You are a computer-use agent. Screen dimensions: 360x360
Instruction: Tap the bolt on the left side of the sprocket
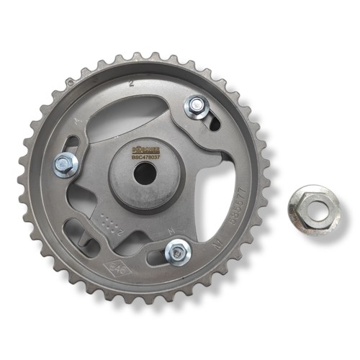pyautogui.click(x=66, y=164)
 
